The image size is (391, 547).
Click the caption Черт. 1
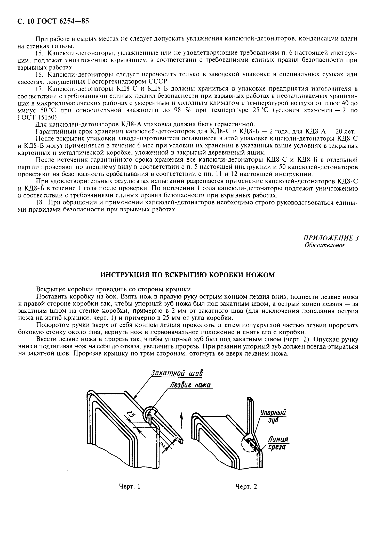129,486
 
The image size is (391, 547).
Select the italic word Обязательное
325,245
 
